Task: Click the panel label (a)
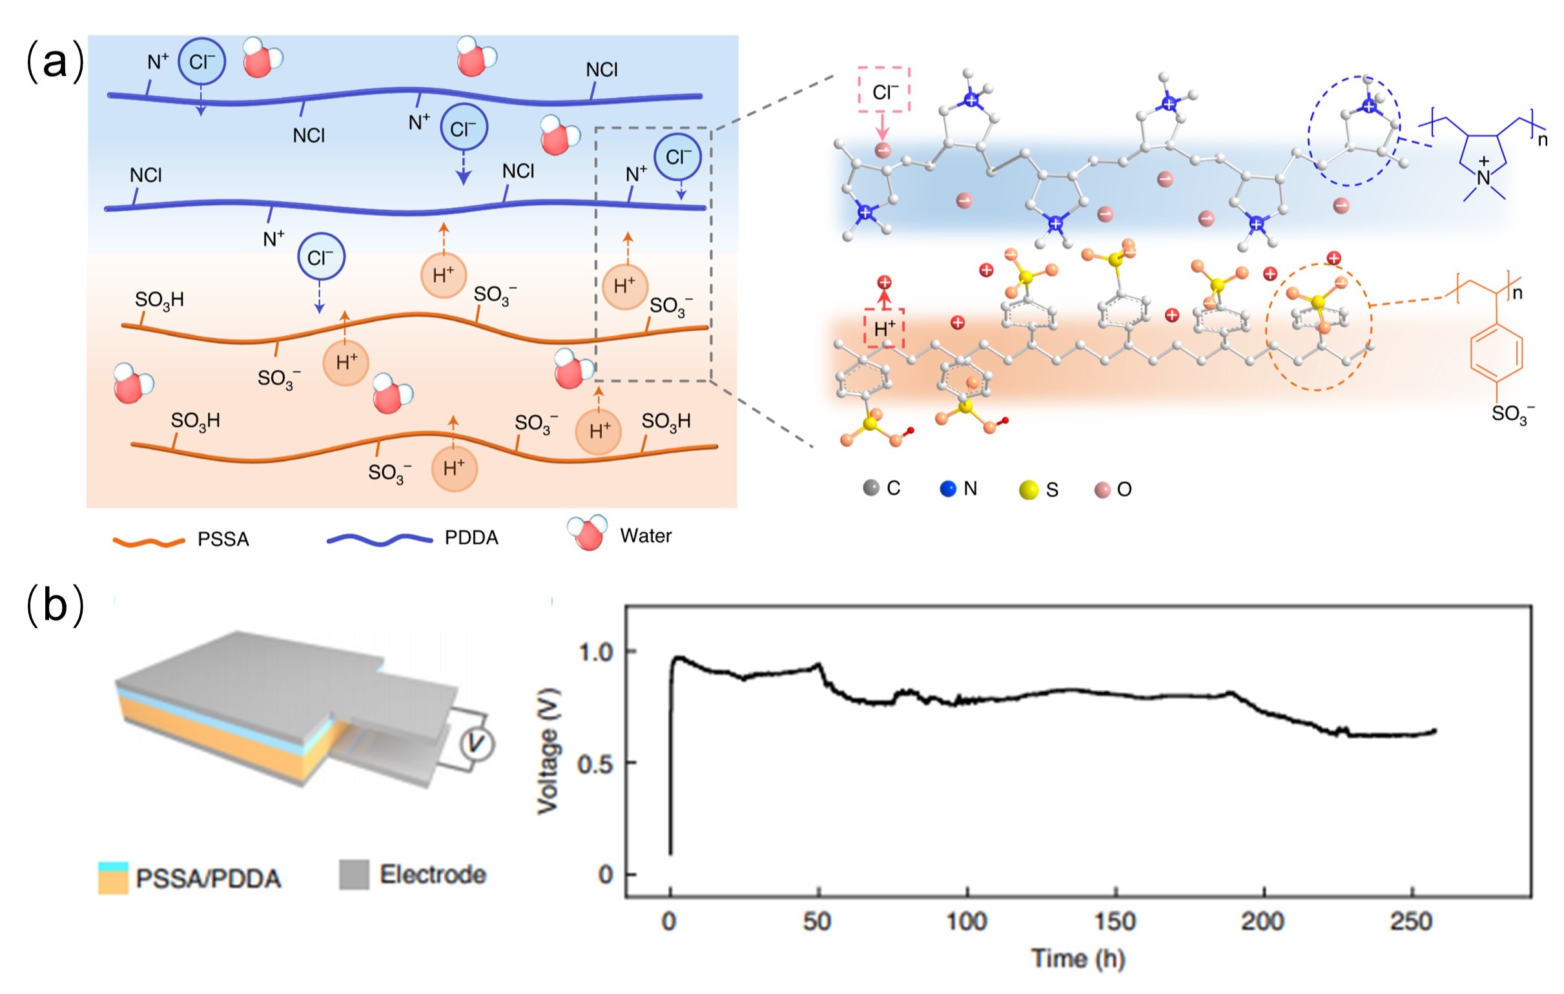coord(54,62)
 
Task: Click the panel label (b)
coord(54,605)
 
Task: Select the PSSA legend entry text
coord(223,539)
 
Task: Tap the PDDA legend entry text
coord(471,538)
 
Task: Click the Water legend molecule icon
coord(587,533)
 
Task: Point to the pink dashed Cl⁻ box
coord(884,90)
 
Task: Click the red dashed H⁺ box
coord(884,328)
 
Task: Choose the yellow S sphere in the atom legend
coord(1029,490)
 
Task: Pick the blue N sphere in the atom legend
coord(948,488)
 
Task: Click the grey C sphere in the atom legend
coord(871,488)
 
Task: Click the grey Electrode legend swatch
coord(354,875)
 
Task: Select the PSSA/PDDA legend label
coord(208,878)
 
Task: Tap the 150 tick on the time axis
coord(1115,921)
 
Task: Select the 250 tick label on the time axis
coord(1412,921)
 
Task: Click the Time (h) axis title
coord(1078,958)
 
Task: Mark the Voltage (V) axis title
coord(548,751)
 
